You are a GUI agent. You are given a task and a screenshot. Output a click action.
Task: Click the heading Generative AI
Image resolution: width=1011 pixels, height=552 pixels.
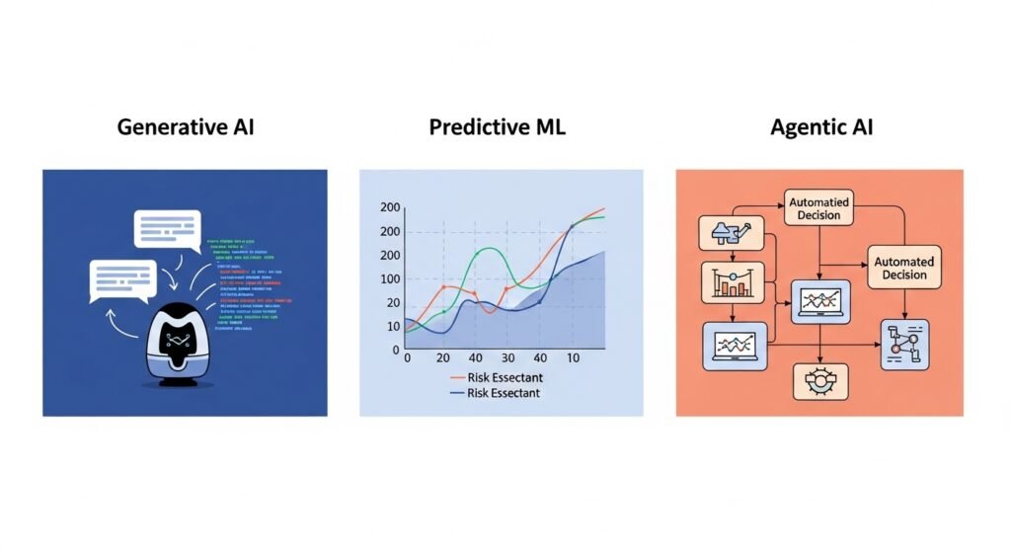click(x=186, y=127)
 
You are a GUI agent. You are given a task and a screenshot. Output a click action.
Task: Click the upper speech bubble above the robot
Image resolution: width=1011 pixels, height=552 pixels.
click(x=167, y=228)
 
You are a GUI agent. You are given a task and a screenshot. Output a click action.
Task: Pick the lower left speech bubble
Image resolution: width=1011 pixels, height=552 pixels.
click(x=121, y=280)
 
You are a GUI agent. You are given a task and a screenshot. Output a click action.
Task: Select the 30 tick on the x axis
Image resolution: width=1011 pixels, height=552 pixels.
click(x=507, y=357)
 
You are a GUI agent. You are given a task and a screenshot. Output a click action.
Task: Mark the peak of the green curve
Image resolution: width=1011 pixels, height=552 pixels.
click(x=482, y=249)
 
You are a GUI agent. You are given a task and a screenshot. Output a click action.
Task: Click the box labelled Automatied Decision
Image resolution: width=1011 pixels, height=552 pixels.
click(x=818, y=208)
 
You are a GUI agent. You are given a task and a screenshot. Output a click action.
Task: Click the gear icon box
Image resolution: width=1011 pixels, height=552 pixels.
click(x=819, y=381)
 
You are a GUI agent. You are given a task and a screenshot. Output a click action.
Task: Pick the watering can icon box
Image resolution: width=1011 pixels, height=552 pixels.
click(x=733, y=233)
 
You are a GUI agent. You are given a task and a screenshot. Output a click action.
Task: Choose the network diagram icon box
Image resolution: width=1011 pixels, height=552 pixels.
click(x=904, y=345)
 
